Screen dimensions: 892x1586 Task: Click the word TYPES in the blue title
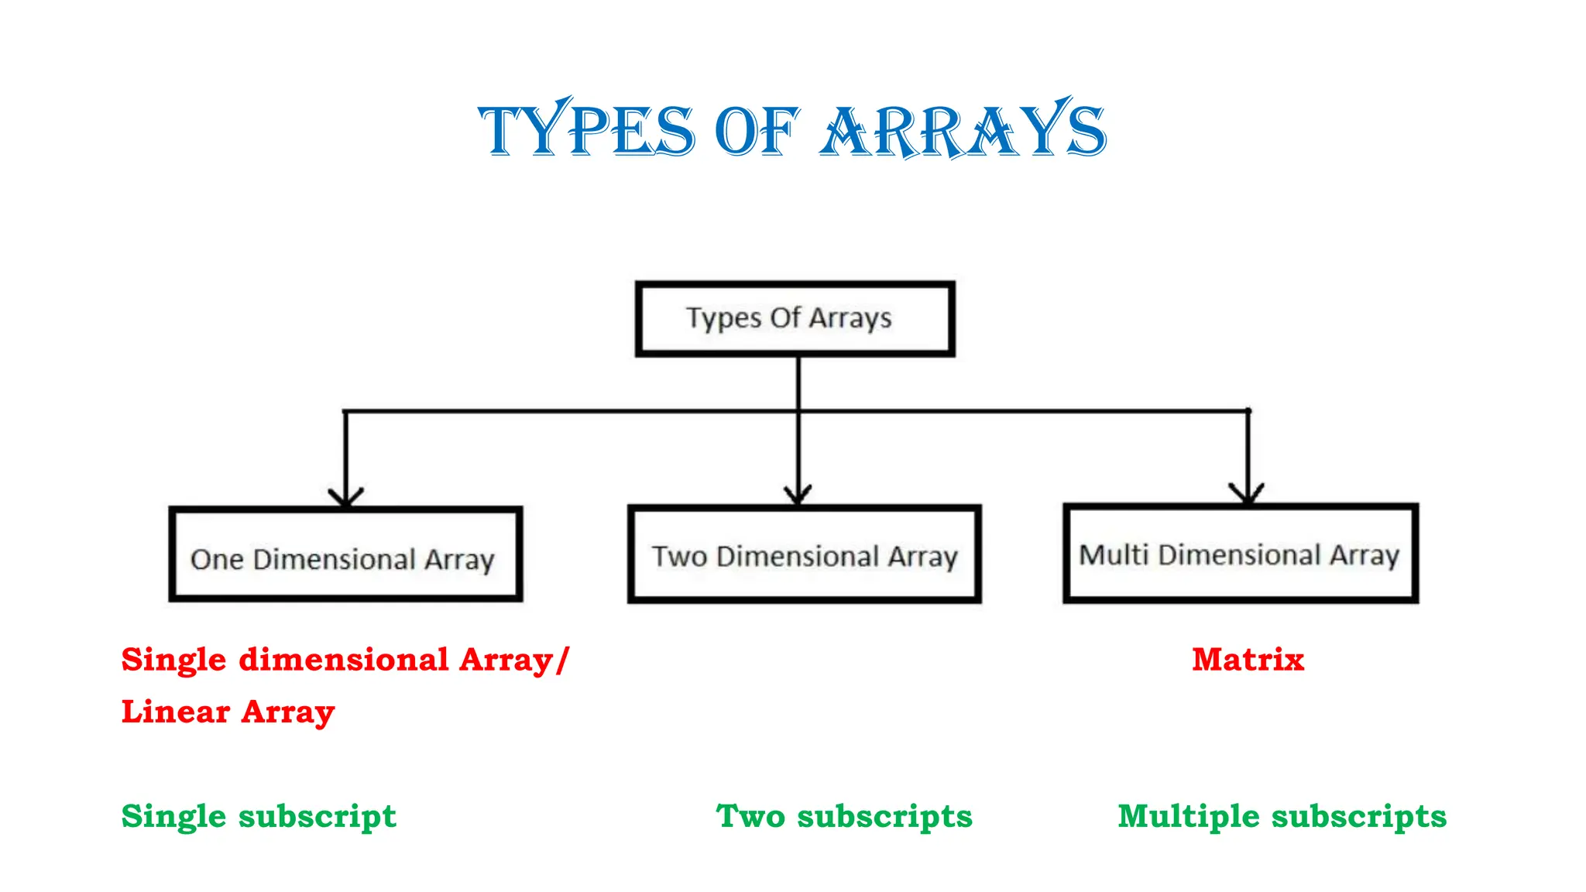(587, 130)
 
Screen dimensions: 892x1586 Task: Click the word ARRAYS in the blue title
(963, 130)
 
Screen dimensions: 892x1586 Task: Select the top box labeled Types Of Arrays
(795, 318)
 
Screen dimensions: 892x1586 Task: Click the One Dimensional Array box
(345, 555)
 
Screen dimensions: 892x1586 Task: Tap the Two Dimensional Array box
(804, 554)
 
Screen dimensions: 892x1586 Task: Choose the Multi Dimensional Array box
(1241, 553)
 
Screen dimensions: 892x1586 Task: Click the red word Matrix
(1248, 660)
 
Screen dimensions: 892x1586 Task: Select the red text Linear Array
(228, 712)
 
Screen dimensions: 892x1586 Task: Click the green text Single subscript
(259, 816)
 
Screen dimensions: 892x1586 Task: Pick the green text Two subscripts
(844, 816)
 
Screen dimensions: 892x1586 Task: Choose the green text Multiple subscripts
(1282, 816)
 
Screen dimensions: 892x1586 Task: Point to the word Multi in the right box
(1114, 554)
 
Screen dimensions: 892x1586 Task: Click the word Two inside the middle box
(679, 556)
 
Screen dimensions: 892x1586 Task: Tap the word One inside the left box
(217, 559)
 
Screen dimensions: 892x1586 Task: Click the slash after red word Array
(562, 660)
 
